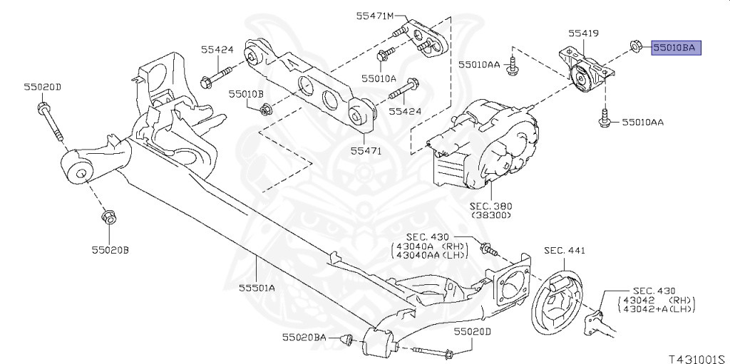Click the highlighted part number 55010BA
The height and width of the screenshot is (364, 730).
tap(675, 48)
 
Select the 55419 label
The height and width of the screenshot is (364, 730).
tap(583, 33)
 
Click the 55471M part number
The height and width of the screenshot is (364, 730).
tap(375, 16)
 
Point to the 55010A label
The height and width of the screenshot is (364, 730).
tap(379, 78)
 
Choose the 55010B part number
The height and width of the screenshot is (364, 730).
tap(246, 94)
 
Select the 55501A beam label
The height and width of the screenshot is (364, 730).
tap(257, 288)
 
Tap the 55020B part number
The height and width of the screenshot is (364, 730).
tap(110, 250)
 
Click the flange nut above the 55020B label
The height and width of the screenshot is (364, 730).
tap(108, 217)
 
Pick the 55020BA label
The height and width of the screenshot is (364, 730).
tap(304, 336)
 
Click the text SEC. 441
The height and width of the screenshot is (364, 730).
tap(565, 251)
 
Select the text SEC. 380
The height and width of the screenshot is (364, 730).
tap(490, 206)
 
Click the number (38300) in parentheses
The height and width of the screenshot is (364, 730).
tap(491, 215)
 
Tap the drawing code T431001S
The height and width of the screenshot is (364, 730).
tap(699, 359)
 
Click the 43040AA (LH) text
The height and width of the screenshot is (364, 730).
tap(431, 254)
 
